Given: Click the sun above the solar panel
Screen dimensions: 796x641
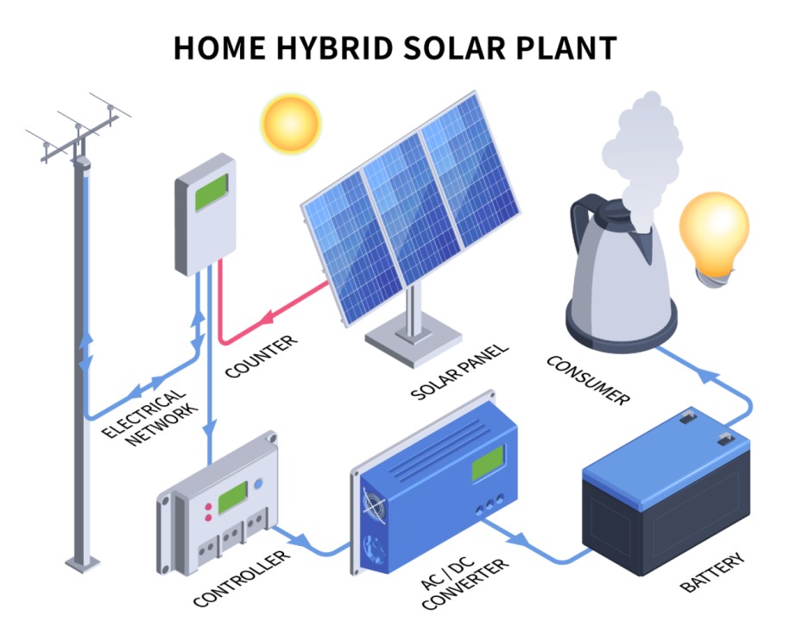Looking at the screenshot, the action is (291, 124).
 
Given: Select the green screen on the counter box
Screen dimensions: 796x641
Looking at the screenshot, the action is (212, 193).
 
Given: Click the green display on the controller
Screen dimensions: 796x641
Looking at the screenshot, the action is (232, 498).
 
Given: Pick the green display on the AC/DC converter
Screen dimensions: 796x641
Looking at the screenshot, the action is (488, 463).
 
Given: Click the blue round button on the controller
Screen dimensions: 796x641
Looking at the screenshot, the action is (258, 484).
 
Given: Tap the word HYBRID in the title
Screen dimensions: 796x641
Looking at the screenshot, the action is (334, 48).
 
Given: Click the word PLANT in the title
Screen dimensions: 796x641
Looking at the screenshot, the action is (566, 48).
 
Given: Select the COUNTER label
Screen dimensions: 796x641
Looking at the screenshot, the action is (261, 357).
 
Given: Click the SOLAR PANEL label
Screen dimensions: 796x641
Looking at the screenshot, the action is (459, 371).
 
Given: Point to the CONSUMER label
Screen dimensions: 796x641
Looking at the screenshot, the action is (588, 380).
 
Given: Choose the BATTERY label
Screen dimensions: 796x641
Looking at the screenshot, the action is (712, 573).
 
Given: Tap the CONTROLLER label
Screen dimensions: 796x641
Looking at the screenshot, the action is (242, 578).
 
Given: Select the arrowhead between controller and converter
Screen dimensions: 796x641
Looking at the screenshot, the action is (303, 540).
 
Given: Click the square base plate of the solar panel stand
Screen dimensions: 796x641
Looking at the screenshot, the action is (414, 340).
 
